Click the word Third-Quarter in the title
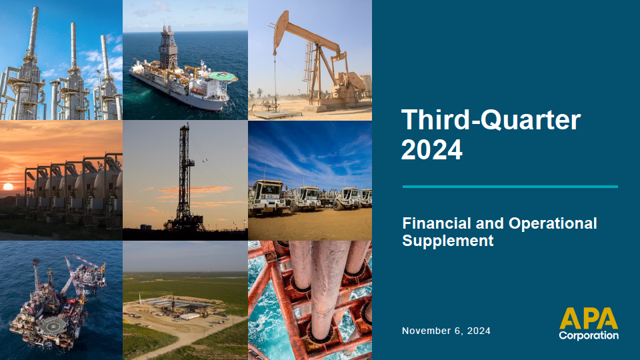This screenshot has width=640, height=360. [491, 120]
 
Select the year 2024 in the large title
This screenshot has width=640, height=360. [432, 150]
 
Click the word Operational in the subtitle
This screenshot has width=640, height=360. [553, 224]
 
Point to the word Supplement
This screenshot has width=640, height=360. [448, 241]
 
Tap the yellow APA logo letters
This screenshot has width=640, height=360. [589, 319]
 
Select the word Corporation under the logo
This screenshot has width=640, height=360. [589, 335]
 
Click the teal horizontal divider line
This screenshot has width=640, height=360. [510, 187]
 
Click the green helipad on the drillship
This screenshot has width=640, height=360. [223, 76]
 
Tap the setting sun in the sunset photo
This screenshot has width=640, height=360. [8, 187]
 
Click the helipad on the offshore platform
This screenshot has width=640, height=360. [53, 326]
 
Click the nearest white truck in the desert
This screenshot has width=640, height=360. [267, 197]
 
